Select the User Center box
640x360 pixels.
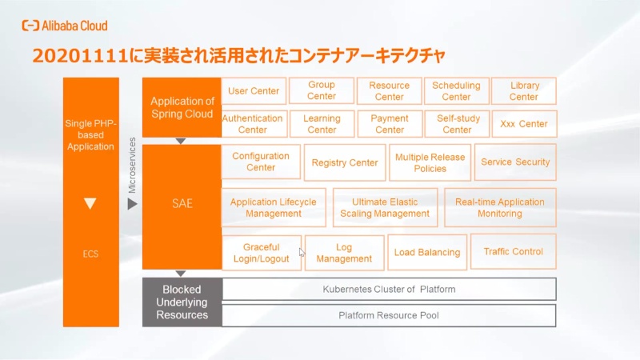pyautogui.click(x=254, y=91)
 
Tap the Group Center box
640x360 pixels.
pyautogui.click(x=322, y=91)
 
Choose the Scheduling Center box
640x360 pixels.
pyautogui.click(x=456, y=91)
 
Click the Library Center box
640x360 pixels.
pyautogui.click(x=524, y=91)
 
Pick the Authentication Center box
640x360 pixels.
pyautogui.click(x=253, y=124)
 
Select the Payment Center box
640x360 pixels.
pyautogui.click(x=390, y=124)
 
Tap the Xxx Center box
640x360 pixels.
pyautogui.click(x=524, y=124)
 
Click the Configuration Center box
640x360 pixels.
pyautogui.click(x=261, y=162)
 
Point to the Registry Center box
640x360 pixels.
pyautogui.click(x=345, y=162)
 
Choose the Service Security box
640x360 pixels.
pyautogui.click(x=515, y=162)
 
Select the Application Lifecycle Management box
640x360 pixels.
pyautogui.click(x=273, y=208)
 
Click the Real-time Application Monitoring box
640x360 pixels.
pyautogui.click(x=500, y=208)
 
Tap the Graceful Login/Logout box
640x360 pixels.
pyautogui.click(x=262, y=253)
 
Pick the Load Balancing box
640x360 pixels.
pyautogui.click(x=427, y=253)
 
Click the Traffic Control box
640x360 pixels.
pyautogui.click(x=513, y=252)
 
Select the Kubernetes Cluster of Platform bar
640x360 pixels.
pyautogui.click(x=389, y=289)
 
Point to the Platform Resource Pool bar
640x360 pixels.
pyautogui.click(x=389, y=315)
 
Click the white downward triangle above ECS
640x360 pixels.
pyautogui.click(x=90, y=204)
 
